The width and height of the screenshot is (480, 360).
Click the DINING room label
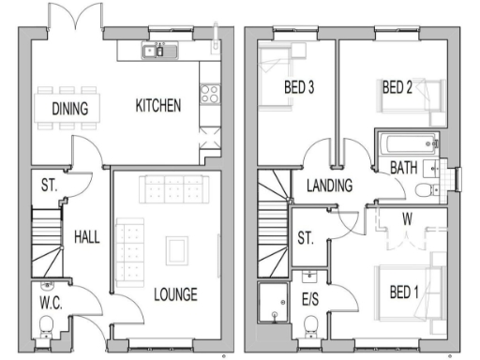70,109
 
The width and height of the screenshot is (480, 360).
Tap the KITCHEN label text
157,105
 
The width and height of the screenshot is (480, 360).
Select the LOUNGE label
175,295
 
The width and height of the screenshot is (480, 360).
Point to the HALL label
87,238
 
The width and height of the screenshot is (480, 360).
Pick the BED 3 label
299,88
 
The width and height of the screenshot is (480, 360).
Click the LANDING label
329,186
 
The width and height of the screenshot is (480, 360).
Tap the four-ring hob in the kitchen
209,95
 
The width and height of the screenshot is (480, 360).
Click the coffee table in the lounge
176,248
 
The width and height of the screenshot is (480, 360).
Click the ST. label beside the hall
49,187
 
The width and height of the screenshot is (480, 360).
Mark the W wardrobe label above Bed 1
407,220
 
